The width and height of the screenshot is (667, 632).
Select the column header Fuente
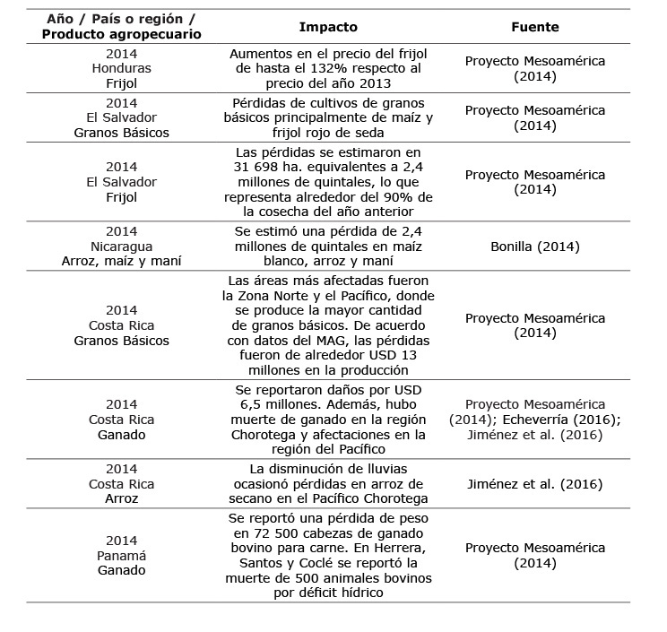536,27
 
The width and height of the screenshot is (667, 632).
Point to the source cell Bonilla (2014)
536,246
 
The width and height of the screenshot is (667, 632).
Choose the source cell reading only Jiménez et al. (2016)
536,484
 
